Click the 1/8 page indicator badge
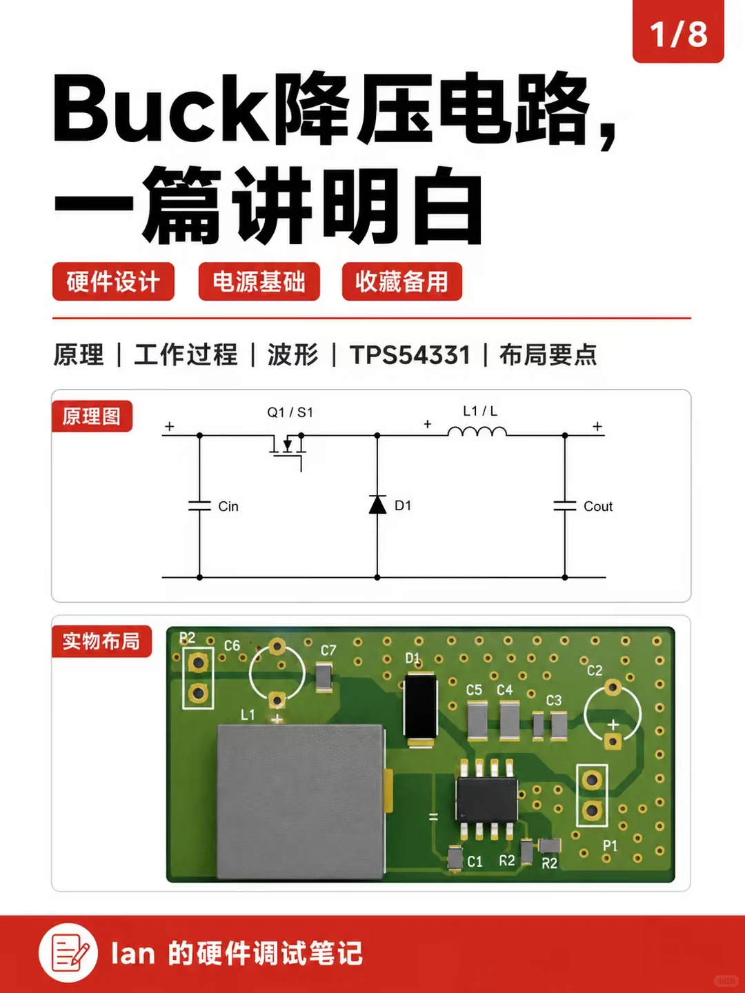pos(678,31)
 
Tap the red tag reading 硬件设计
pos(113,281)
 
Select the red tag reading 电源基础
pos(259,281)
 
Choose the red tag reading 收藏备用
pos(402,281)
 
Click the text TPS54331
pos(410,354)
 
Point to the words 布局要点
pos(548,354)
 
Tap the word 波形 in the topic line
pos(293,354)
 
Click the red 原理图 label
pos(92,417)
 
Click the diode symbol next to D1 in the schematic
pos(377,504)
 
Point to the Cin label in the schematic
pos(228,506)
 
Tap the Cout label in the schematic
pos(598,506)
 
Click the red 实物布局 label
pos(102,641)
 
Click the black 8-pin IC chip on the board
pos(487,799)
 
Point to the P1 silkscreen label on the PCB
pos(610,845)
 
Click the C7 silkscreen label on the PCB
pos(328,650)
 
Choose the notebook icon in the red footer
pos(68,952)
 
